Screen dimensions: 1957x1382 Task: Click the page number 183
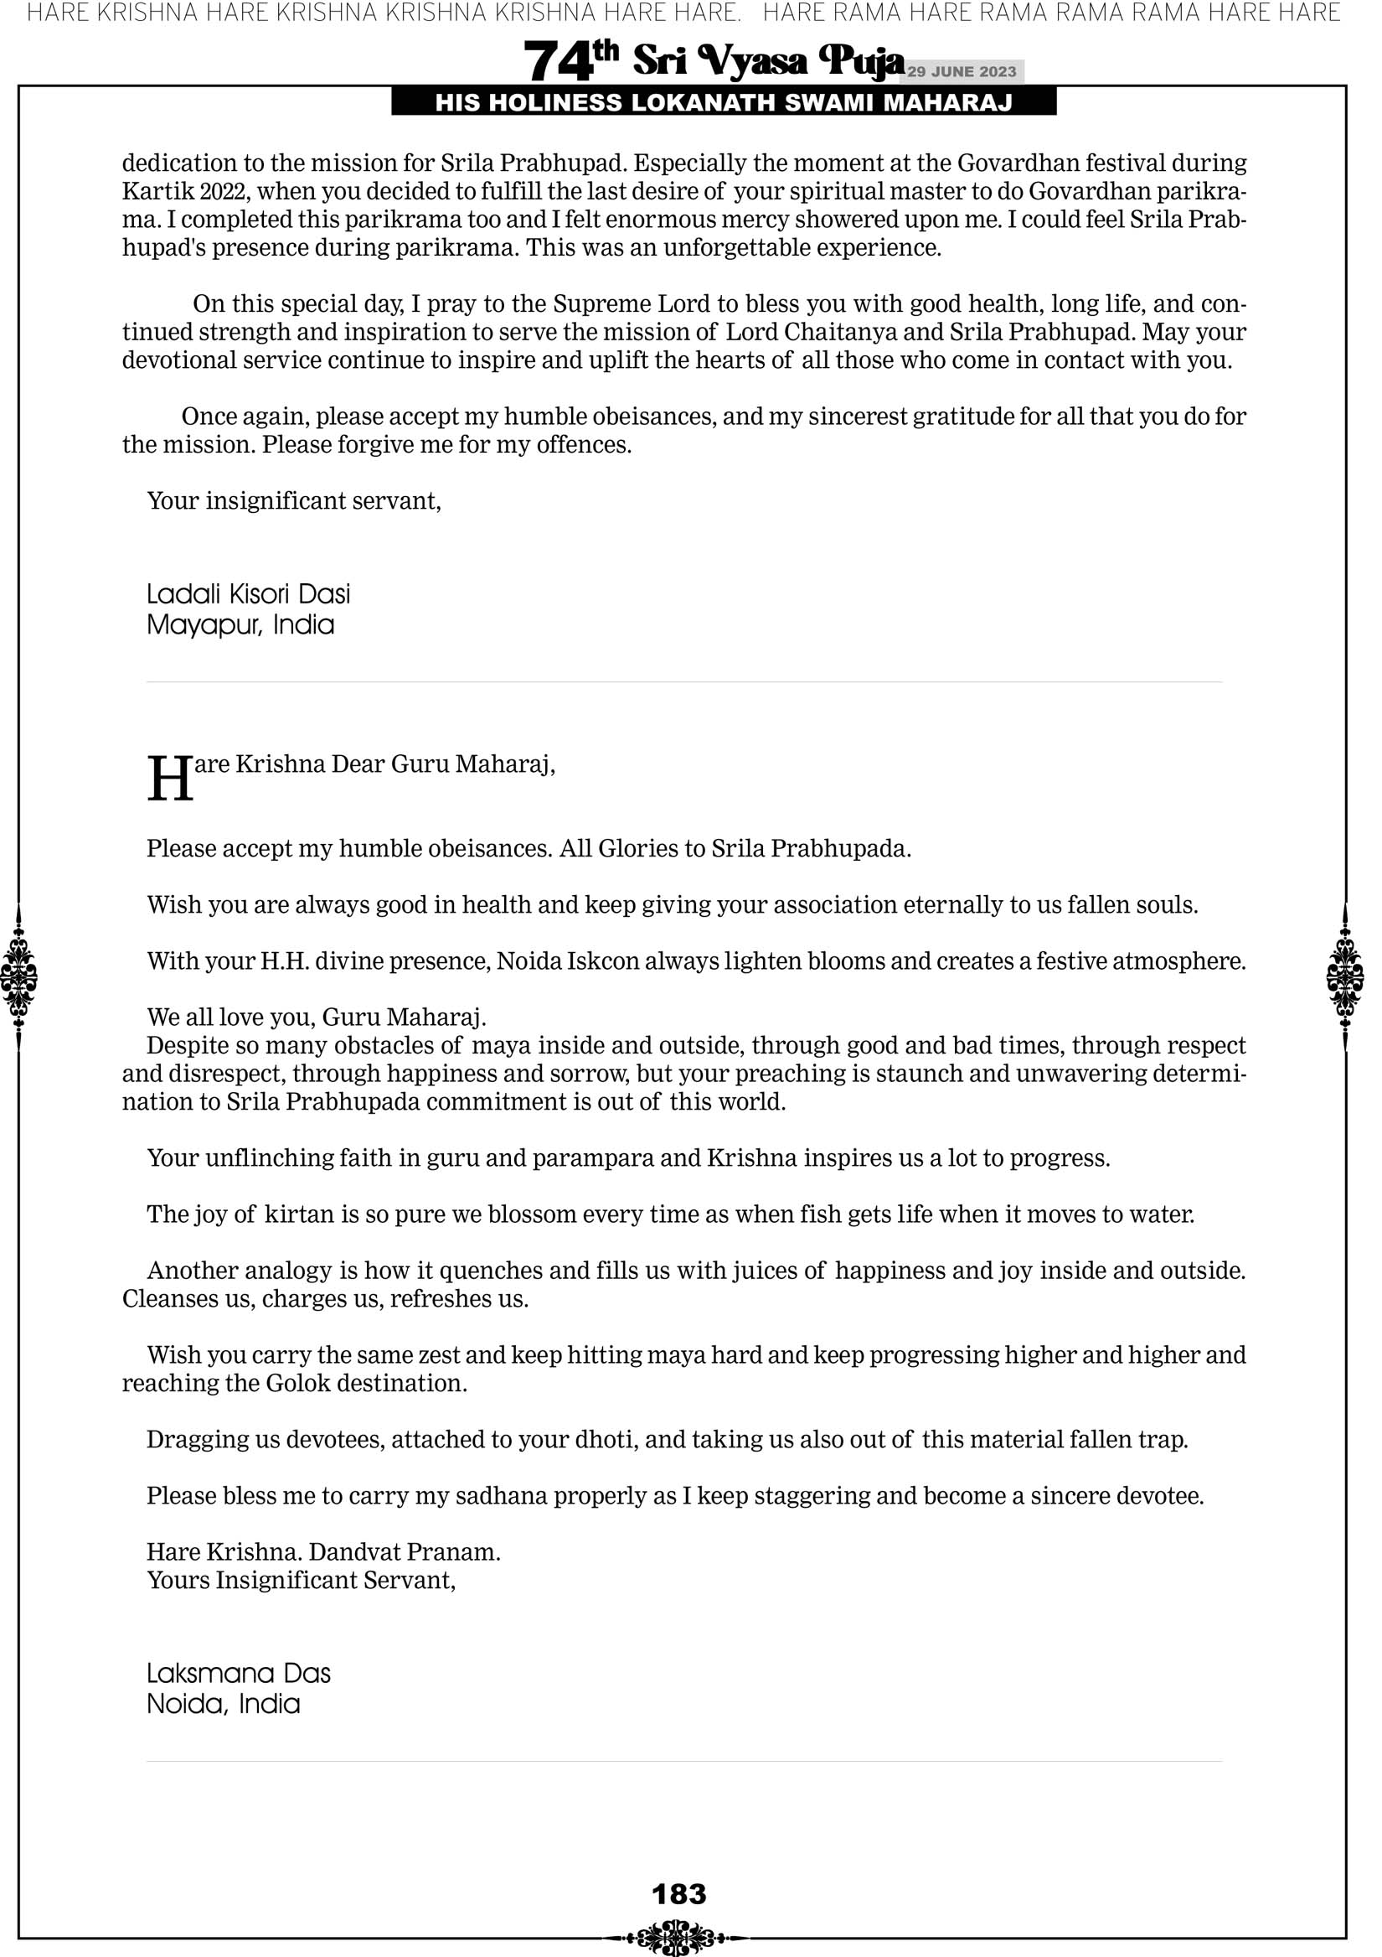679,1894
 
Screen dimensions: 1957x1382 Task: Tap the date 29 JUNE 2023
961,71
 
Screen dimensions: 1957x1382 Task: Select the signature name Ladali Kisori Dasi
248,594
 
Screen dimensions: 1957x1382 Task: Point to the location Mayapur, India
240,624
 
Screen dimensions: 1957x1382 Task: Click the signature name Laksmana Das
239,1673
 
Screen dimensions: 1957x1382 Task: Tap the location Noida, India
224,1704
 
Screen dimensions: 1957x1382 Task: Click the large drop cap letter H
169,779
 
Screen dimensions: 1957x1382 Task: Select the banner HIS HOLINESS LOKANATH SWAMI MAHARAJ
724,103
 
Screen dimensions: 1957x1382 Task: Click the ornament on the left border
18,976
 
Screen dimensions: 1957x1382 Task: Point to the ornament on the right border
1345,976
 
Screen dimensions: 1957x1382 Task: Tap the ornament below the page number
676,1938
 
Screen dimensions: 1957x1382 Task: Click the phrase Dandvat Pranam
405,1551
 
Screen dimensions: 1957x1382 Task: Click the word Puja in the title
860,61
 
